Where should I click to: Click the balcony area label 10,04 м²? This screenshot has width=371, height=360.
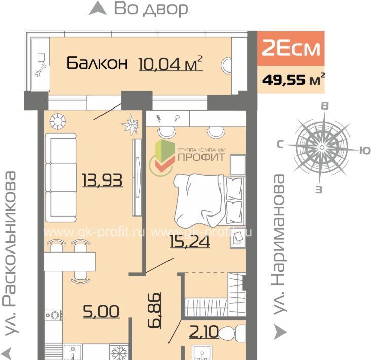tap(171, 63)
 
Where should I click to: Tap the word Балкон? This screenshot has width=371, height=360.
tap(97, 63)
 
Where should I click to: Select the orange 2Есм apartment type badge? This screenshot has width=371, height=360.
tap(291, 49)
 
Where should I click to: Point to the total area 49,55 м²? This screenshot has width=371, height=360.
tap(293, 79)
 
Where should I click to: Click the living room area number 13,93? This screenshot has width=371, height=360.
tap(103, 180)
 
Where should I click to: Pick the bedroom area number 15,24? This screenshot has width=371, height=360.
tap(190, 241)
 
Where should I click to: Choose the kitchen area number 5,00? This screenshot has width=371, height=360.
tap(101, 311)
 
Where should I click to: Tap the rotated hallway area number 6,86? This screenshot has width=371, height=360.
tap(154, 310)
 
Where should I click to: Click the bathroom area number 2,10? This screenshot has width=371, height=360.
tap(204, 332)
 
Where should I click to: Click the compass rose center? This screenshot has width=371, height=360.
tap(322, 148)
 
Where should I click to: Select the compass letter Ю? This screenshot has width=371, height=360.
tap(365, 150)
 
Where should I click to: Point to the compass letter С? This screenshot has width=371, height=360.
tap(280, 144)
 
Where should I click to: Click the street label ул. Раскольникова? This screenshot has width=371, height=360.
tap(10, 253)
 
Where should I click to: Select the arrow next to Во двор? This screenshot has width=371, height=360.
tap(97, 8)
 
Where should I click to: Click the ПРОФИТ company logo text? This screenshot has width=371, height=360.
tap(201, 157)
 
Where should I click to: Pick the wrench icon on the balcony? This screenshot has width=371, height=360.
tap(41, 70)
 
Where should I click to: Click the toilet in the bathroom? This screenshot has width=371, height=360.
tap(232, 333)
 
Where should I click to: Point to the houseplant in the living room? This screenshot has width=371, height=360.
tap(130, 124)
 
